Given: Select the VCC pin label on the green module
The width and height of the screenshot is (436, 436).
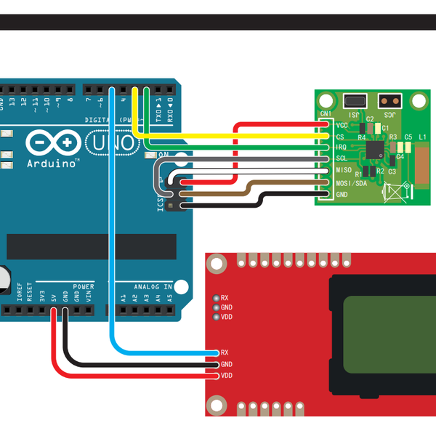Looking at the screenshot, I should [341, 126].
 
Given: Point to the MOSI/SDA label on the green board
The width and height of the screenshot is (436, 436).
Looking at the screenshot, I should [350, 183].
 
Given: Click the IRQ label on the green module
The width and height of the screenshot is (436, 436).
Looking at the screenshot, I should [340, 148].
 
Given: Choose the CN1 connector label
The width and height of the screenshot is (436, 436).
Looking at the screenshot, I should [326, 113].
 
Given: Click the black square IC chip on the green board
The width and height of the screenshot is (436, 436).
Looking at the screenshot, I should [375, 148].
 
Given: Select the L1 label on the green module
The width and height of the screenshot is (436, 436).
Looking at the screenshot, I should [422, 137].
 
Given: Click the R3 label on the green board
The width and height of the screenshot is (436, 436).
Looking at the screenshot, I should [393, 137].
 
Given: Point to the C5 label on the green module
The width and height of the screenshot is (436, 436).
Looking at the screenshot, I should [408, 137].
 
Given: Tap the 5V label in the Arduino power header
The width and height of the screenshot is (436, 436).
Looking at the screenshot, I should [54, 297].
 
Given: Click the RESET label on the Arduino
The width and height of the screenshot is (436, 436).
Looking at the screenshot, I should [31, 293].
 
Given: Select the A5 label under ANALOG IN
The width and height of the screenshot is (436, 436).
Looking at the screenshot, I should [169, 297].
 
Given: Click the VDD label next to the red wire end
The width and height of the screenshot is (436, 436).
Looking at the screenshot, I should [227, 376].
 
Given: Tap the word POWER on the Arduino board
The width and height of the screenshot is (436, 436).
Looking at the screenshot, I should [83, 287].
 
